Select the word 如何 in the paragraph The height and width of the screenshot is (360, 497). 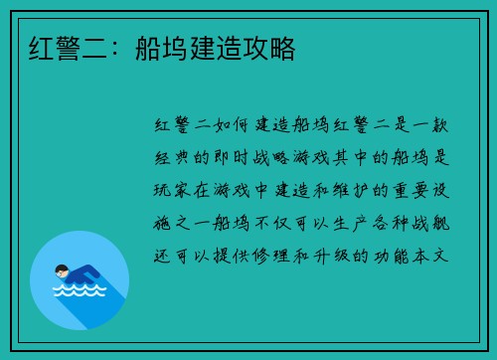229,126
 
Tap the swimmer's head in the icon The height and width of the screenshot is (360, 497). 61,270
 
